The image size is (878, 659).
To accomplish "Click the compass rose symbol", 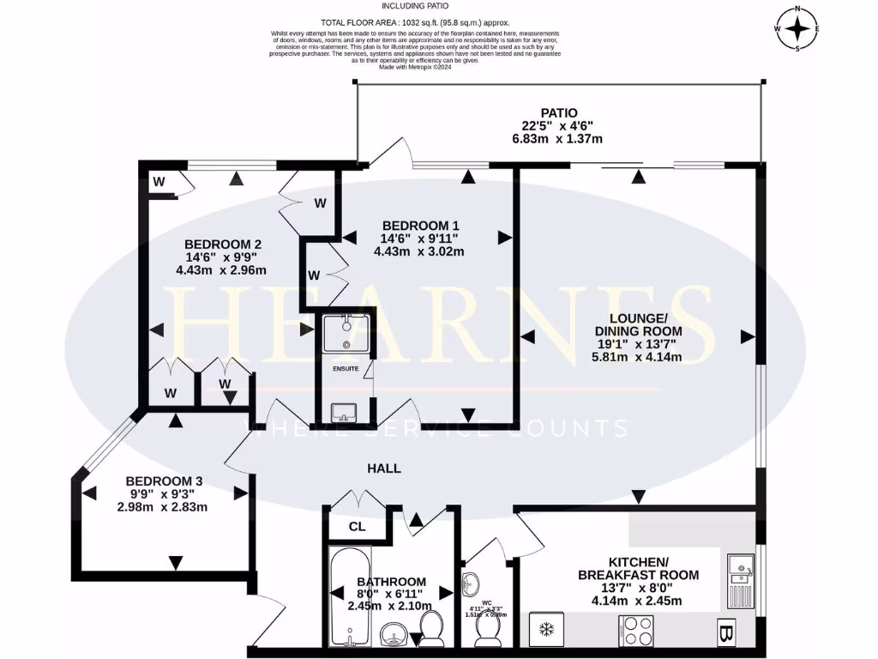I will tap(797, 29).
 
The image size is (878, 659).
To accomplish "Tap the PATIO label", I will tap(558, 112).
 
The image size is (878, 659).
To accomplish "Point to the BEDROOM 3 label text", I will tap(164, 481).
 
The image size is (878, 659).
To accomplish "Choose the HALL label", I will tap(383, 469).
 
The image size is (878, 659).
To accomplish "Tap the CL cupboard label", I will tap(358, 527).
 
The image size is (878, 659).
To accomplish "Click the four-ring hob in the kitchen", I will tap(636, 636).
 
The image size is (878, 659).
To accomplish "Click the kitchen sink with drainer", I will tap(739, 577).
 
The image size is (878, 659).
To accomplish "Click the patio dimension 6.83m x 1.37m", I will tap(558, 138).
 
